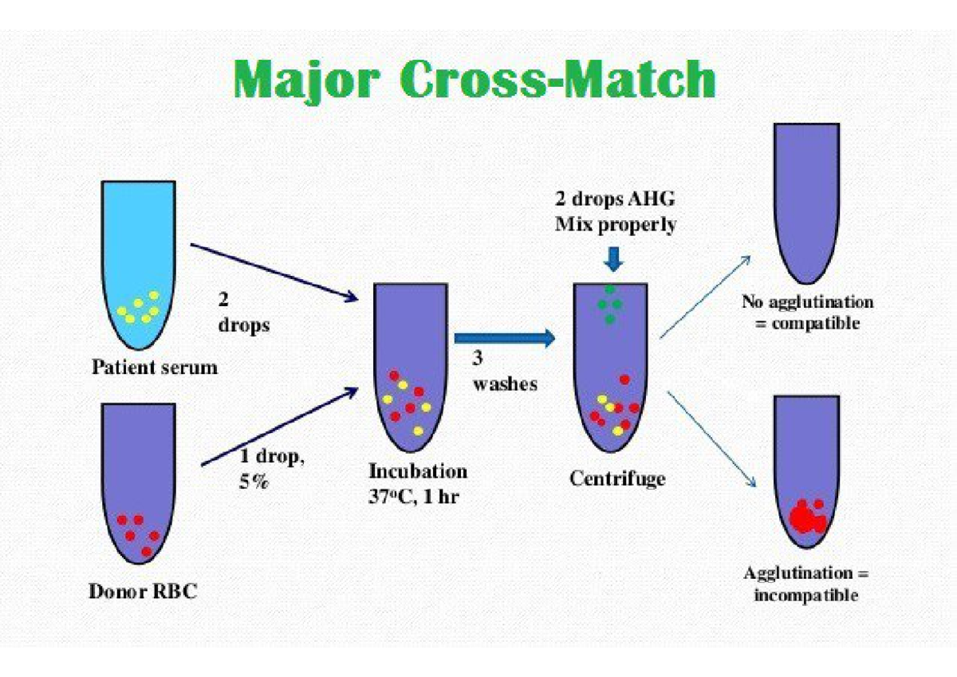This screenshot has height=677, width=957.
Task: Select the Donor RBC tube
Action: click(138, 478)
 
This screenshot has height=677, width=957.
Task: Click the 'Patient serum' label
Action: click(155, 368)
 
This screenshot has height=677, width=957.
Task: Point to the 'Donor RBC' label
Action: click(141, 592)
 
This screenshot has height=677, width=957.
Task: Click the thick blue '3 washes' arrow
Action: click(503, 338)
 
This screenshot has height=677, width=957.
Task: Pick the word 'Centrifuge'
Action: click(617, 478)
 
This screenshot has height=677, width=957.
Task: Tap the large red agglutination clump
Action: click(806, 515)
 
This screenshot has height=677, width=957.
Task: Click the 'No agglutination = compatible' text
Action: click(806, 313)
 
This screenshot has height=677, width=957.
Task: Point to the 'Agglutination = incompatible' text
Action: click(806, 584)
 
